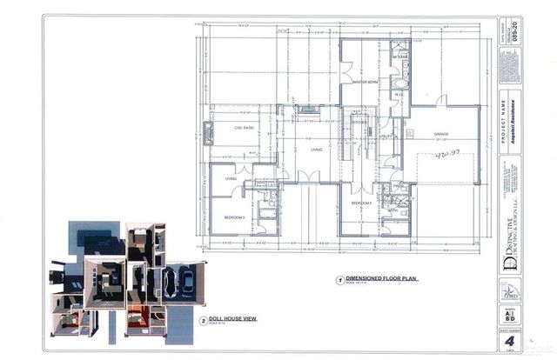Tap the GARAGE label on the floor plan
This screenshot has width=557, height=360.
tap(441, 134)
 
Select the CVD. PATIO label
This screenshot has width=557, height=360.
tap(244, 128)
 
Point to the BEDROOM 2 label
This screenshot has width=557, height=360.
tap(362, 203)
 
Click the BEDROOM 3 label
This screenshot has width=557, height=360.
tap(234, 217)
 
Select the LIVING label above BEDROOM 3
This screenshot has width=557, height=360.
tap(231, 179)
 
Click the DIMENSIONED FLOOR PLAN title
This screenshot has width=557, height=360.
tap(376, 280)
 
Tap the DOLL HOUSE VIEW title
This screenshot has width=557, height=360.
tap(235, 319)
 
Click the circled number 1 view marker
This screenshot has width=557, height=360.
tap(339, 281)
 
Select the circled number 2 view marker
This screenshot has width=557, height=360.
tap(203, 320)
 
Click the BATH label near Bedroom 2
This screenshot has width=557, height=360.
tap(393, 210)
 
